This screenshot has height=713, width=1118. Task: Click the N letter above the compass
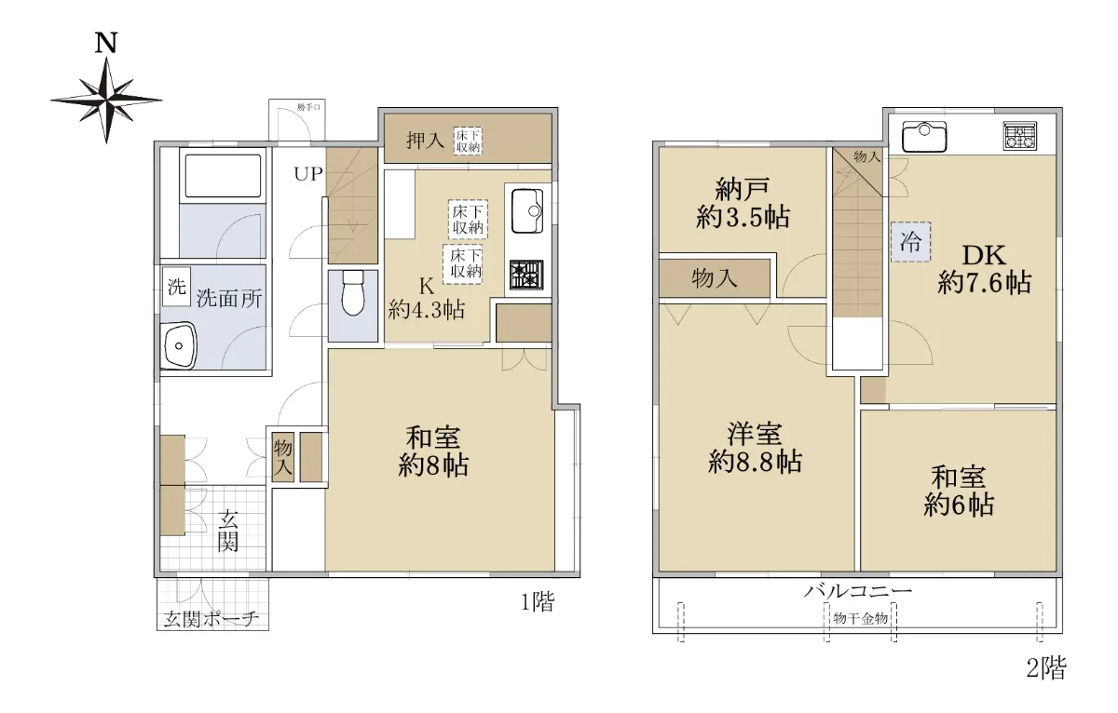[x=106, y=43]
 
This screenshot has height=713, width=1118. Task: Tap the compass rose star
[x=106, y=101]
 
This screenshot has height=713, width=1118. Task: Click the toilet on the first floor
[x=353, y=292]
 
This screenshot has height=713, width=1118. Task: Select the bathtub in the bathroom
[x=223, y=176]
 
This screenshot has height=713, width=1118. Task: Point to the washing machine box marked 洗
[x=177, y=287]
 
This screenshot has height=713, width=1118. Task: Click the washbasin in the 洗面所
[x=178, y=345]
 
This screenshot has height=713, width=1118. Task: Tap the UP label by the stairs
[x=308, y=174]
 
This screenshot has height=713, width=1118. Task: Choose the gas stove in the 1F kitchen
[x=526, y=276]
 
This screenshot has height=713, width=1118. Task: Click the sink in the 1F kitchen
[x=527, y=211]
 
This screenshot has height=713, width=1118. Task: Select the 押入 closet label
[x=425, y=141]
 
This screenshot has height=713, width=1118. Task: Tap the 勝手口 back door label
[x=308, y=107]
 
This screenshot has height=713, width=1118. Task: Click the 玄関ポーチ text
[x=211, y=619]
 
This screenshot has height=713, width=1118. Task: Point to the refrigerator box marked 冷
[x=911, y=242]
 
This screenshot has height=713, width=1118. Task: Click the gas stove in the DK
[x=1020, y=136]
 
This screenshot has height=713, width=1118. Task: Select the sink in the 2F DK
[x=924, y=137]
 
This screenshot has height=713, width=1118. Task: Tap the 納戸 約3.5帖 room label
[x=743, y=204]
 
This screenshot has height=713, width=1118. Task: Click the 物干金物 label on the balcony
[x=861, y=619]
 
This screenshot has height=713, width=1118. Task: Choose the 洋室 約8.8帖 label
[x=756, y=448]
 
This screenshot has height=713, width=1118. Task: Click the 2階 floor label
[x=1045, y=667]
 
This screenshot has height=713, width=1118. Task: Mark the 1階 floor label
[x=539, y=602]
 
